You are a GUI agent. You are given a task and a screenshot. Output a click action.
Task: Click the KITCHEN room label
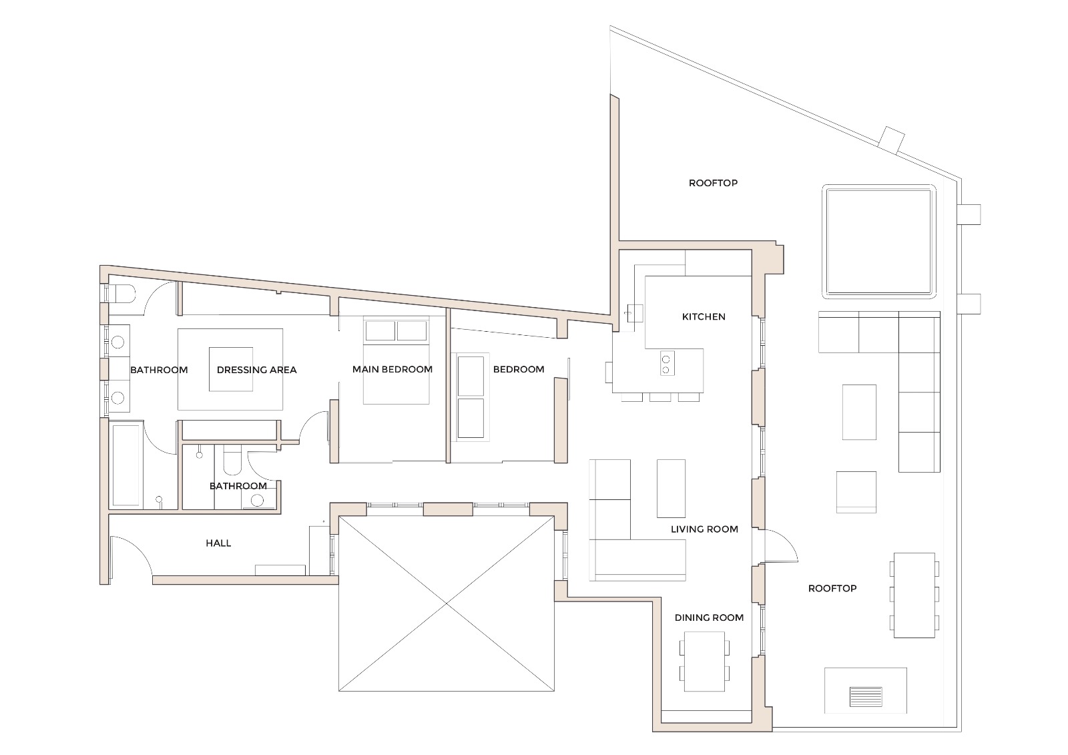(704, 316)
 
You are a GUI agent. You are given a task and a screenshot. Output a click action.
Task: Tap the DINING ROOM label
(709, 617)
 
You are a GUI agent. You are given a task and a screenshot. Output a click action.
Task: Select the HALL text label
(218, 543)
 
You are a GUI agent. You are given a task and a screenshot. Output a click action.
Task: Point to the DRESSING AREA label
(256, 370)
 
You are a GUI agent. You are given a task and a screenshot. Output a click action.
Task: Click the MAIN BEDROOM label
(392, 369)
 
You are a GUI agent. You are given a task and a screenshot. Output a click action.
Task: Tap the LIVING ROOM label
(704, 529)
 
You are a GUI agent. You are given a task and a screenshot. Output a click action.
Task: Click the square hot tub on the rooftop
(878, 242)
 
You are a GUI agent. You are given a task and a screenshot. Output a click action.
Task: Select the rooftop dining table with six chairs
(914, 595)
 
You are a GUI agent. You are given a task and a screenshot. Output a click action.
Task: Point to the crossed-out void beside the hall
(447, 604)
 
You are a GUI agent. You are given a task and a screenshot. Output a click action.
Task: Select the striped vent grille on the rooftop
(866, 696)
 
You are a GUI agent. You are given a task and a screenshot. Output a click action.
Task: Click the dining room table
(705, 662)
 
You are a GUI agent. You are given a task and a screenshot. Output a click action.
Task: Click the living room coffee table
(671, 488)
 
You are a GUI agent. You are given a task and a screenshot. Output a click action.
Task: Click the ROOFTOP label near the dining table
(832, 589)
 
